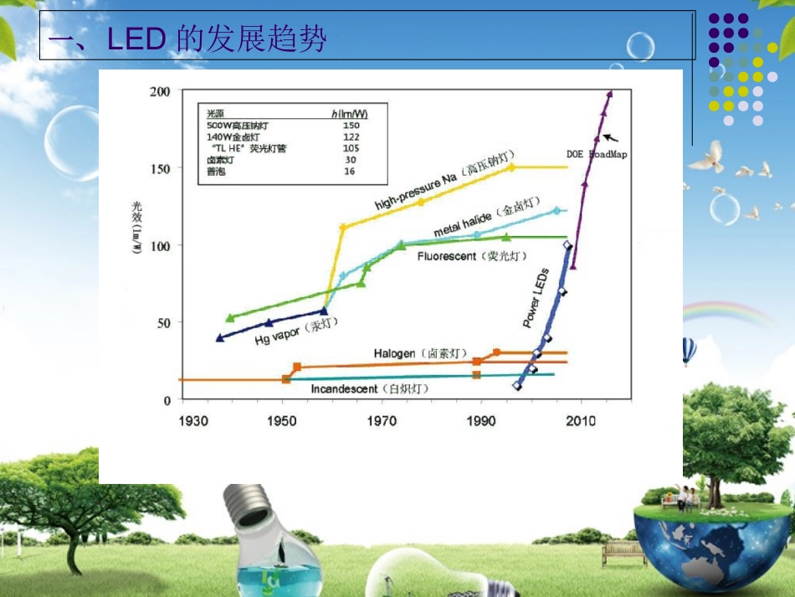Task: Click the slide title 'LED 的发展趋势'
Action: (x=187, y=39)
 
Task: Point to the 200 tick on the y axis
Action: (x=160, y=91)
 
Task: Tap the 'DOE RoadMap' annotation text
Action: (x=597, y=154)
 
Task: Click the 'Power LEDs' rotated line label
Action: (x=536, y=297)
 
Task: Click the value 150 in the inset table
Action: (x=351, y=126)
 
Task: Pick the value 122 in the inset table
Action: (x=351, y=136)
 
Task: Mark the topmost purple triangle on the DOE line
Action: (x=609, y=94)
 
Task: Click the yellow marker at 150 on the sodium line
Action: (x=512, y=167)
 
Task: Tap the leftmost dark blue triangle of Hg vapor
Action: (x=220, y=338)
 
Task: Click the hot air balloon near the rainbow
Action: (x=688, y=349)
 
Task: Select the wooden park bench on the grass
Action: (x=623, y=551)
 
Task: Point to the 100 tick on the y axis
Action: (x=160, y=245)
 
